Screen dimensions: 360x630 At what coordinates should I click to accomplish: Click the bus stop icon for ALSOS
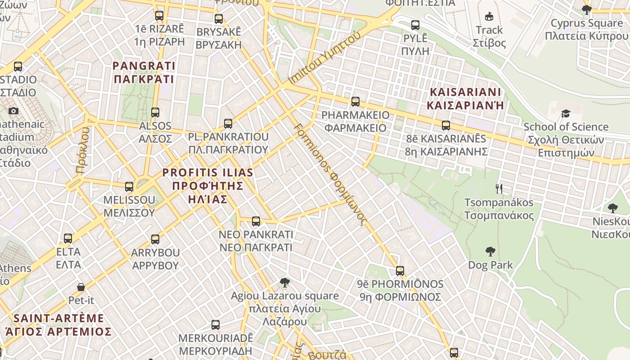tap(155, 112)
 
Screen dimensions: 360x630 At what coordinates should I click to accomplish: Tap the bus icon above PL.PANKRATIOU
tap(228, 123)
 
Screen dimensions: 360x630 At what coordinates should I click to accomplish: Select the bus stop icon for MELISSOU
tap(129, 186)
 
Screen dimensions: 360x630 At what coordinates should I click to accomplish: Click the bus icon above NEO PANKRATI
tap(256, 221)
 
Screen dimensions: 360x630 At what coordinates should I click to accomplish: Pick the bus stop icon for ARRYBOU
tap(155, 239)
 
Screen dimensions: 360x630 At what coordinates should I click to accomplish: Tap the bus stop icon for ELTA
tap(68, 238)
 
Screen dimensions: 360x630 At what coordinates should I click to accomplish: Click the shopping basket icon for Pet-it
tap(81, 287)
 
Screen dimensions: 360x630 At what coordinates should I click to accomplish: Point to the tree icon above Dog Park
tap(490, 252)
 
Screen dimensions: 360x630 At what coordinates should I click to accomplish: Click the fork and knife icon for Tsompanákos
tap(499, 189)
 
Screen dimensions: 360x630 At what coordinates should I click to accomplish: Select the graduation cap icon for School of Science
tap(566, 113)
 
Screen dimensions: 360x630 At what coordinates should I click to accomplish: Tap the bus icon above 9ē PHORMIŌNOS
tap(400, 270)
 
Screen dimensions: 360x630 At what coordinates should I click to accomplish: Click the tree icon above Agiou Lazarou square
tap(284, 283)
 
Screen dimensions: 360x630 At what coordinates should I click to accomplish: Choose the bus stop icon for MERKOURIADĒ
tap(216, 324)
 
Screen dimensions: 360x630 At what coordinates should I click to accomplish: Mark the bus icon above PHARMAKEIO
tap(355, 101)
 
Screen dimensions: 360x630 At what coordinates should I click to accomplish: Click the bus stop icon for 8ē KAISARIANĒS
tap(446, 125)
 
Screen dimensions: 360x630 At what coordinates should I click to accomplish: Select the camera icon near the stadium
tap(13, 111)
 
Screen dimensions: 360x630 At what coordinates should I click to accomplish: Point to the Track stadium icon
tap(489, 17)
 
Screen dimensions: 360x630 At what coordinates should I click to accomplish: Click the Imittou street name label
tap(324, 58)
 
